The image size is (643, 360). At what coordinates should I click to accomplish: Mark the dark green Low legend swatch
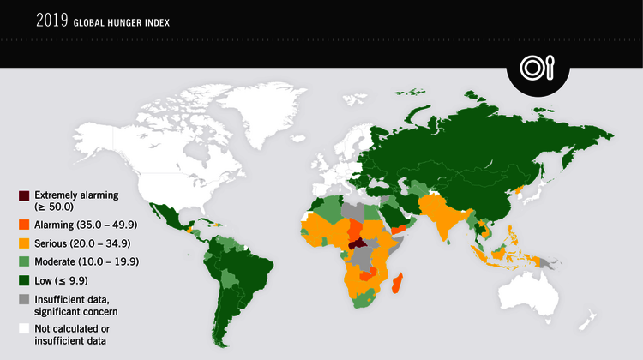click(x=24, y=280)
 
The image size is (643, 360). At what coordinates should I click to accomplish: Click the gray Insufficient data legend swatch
click(x=24, y=297)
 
